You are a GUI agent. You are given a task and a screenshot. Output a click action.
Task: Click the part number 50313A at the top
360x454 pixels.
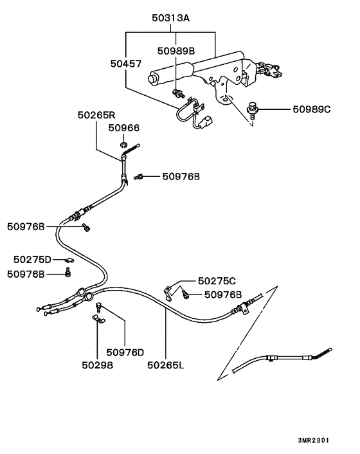point(170,19)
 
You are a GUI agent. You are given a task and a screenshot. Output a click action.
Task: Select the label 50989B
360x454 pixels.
point(175,50)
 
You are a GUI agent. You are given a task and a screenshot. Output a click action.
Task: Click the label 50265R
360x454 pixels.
point(96,115)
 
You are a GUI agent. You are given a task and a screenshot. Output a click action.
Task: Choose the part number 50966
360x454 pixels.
point(123,129)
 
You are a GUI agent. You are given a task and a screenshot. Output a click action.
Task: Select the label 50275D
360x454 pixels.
point(32,259)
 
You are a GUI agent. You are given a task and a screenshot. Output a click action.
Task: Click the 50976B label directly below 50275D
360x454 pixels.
point(26,273)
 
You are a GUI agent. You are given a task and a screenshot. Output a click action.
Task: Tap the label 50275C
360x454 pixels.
point(217,281)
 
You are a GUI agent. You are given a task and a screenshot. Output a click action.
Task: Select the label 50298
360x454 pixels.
point(97,365)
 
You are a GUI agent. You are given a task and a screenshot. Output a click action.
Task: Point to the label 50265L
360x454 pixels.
point(165,365)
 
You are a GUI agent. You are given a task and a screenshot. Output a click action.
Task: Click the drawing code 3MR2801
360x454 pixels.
point(314,440)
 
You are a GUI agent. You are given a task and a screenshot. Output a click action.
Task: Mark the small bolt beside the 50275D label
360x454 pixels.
point(69,260)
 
